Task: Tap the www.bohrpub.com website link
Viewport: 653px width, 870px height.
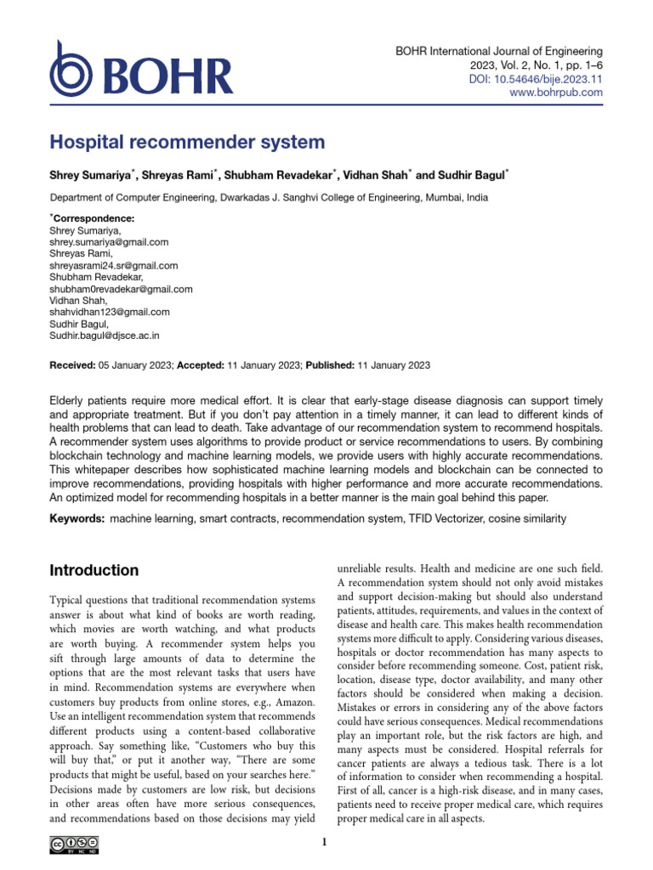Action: pos(555,93)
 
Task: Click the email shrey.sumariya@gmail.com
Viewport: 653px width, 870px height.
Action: pos(110,242)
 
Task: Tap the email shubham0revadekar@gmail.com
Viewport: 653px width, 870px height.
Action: pos(122,289)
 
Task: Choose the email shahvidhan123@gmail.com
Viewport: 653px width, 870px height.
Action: pos(110,312)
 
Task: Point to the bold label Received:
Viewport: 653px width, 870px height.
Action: pos(73,364)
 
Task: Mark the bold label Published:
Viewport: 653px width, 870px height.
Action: pos(331,364)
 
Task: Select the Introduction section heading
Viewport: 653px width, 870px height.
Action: pos(94,570)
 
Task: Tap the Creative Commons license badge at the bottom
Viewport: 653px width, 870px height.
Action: pos(73,843)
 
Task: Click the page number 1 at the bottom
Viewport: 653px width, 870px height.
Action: pos(326,843)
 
